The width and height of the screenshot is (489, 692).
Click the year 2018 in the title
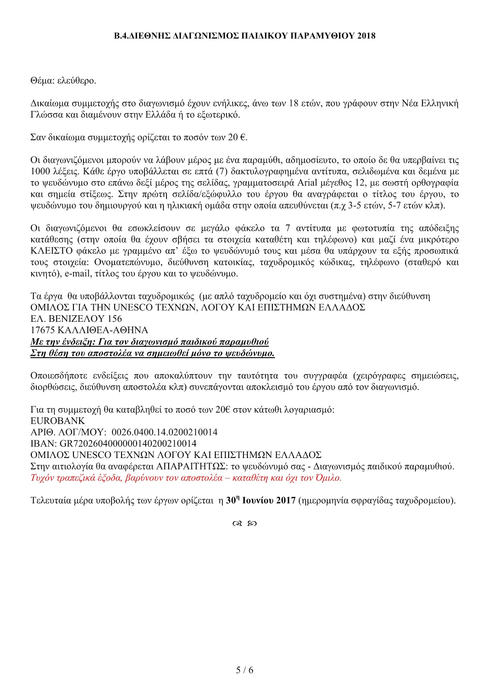click(366, 36)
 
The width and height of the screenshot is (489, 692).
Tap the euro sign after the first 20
click(243, 138)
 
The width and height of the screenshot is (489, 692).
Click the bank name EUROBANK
click(58, 421)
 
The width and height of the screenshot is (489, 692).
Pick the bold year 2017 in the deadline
click(285, 500)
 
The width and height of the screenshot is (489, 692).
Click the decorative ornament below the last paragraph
click(244, 524)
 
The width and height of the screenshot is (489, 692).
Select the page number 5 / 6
click(244, 670)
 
